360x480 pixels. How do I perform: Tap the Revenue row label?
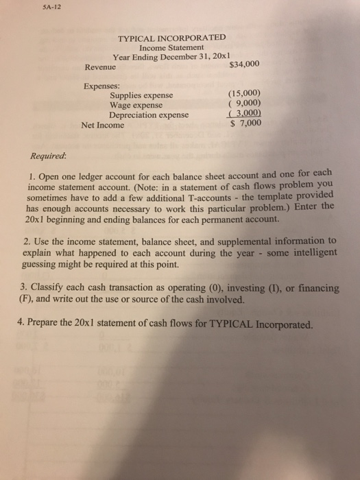(100, 67)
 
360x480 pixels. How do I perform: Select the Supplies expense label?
(142, 96)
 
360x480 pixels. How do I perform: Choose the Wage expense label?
(136, 106)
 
